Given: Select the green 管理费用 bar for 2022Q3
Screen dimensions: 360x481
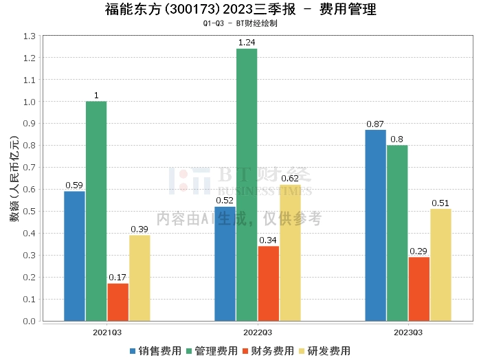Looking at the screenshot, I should coord(247,184).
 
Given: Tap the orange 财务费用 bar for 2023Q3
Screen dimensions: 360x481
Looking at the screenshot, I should coord(418,289).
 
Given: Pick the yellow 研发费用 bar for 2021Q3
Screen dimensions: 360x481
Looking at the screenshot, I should coord(139,278).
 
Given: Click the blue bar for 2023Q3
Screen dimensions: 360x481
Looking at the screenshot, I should coord(375,225).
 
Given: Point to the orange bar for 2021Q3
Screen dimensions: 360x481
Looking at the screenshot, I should coord(118,302).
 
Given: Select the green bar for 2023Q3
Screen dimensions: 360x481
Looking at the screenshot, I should coord(397,233).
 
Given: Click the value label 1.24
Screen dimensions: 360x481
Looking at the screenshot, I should coord(247,43).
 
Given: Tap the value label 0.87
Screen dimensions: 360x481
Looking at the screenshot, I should coord(375,124).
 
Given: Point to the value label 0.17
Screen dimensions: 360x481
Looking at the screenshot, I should coord(118,278).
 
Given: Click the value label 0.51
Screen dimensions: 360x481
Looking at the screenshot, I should coord(440,203).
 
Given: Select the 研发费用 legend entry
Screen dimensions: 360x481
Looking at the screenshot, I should coord(324,350).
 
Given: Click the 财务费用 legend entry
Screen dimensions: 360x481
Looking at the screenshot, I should coord(268,350).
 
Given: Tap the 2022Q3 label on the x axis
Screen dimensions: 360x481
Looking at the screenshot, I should coord(258,332).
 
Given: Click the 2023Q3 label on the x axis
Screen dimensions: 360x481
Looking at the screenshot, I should coord(408,332).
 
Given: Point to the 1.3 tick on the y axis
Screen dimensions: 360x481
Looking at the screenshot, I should coord(29,36).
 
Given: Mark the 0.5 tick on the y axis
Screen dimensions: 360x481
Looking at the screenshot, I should coord(29,212).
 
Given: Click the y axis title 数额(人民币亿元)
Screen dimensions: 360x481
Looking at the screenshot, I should coord(13,179).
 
